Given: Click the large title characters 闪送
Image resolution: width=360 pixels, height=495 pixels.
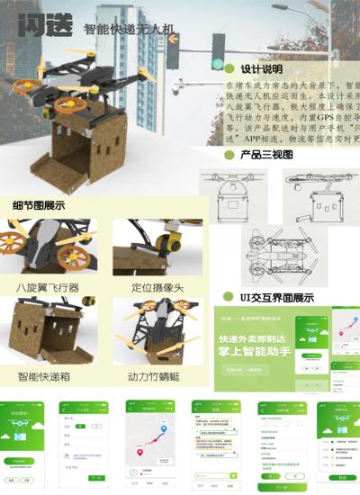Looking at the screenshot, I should click(x=43, y=27).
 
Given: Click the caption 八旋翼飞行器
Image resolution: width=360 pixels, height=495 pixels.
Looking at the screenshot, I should click(x=47, y=287).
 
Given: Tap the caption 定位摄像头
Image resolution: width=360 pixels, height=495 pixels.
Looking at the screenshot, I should click(x=157, y=287).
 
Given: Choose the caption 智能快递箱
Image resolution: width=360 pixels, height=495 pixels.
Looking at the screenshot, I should click(x=47, y=373).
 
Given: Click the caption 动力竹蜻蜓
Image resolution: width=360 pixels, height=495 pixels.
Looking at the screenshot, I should click(x=157, y=373).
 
